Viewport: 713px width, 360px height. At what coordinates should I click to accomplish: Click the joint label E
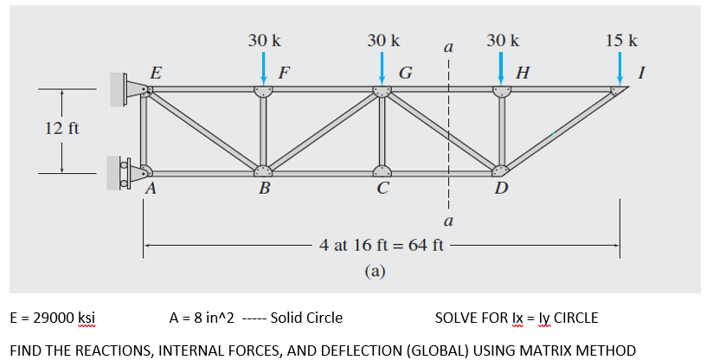[x=155, y=72]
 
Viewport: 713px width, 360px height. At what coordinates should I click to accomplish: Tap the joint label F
[x=283, y=72]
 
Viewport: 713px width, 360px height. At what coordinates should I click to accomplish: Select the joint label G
[x=404, y=72]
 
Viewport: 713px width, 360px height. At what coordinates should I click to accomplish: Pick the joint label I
[x=641, y=72]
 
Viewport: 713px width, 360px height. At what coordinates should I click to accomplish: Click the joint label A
[x=151, y=189]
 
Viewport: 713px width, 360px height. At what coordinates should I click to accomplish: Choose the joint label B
[x=265, y=189]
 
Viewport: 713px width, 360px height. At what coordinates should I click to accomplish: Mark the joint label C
[x=382, y=189]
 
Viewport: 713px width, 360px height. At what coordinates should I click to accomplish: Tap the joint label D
[x=500, y=189]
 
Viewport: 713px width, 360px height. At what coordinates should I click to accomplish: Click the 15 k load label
[x=621, y=41]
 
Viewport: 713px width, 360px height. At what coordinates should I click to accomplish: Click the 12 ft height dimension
[x=61, y=129]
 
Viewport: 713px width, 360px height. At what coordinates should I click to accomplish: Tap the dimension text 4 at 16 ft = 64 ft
[x=381, y=245]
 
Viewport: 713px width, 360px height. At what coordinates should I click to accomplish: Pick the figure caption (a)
[x=374, y=271]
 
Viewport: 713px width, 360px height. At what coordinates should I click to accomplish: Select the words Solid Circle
[x=306, y=318]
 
